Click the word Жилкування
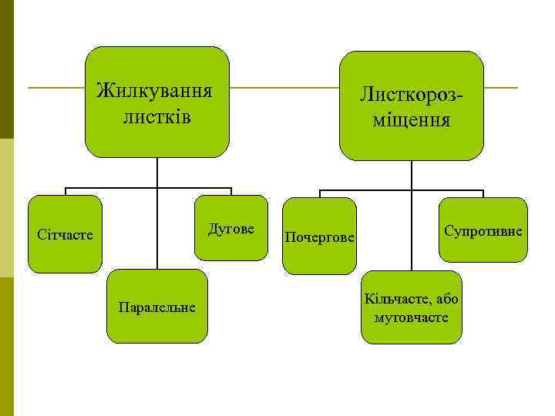(x=154, y=91)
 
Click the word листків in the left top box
(x=156, y=118)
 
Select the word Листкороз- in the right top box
(x=412, y=95)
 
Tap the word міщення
(x=412, y=121)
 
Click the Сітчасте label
(x=66, y=233)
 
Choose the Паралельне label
(x=157, y=307)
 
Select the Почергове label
(x=319, y=237)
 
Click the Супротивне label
(x=483, y=231)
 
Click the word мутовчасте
(x=411, y=317)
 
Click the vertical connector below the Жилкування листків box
(x=156, y=173)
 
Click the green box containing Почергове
(x=319, y=258)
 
